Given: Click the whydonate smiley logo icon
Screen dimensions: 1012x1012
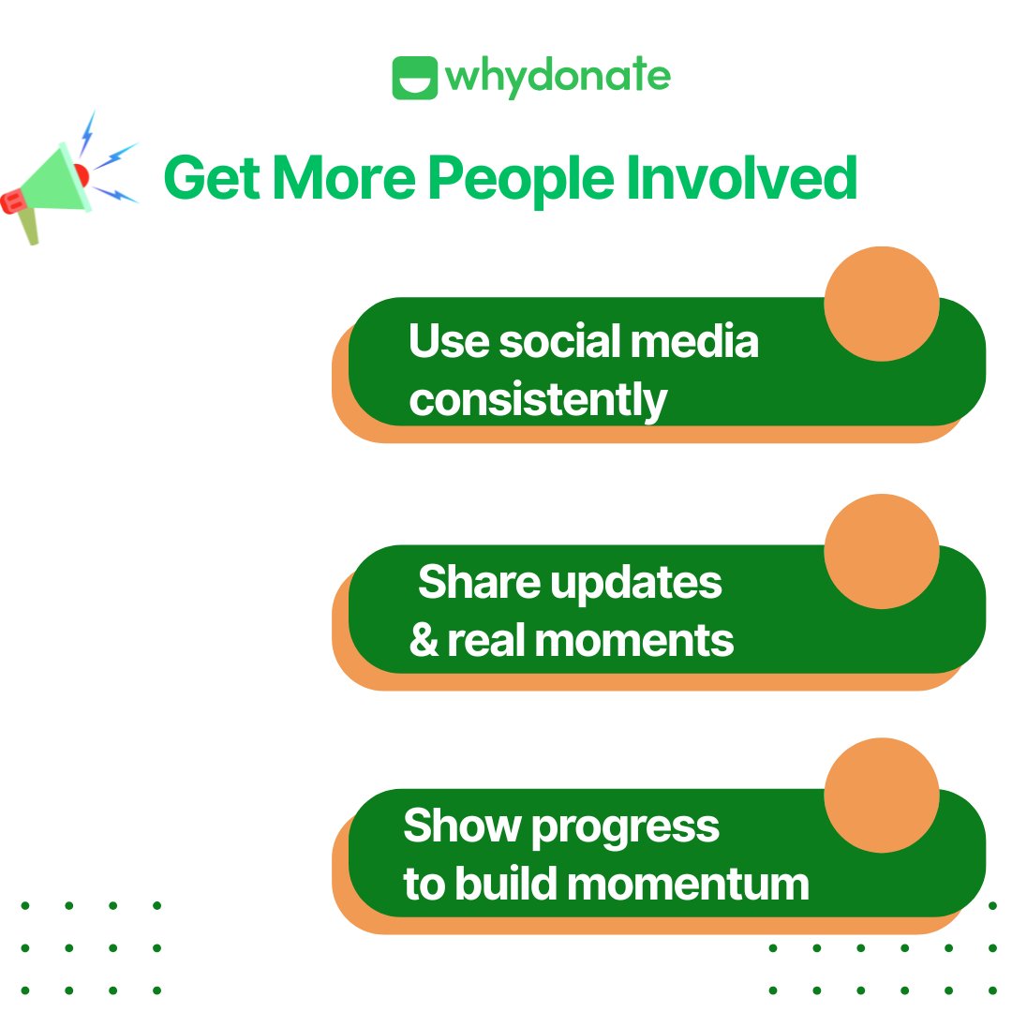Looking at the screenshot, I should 414,78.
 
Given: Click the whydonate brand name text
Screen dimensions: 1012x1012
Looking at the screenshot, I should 558,78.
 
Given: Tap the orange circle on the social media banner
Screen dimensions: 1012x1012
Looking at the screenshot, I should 881,304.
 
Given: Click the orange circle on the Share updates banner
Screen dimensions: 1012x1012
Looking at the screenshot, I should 881,552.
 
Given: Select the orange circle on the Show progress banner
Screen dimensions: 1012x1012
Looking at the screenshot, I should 881,795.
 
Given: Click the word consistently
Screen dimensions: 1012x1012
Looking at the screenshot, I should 538,400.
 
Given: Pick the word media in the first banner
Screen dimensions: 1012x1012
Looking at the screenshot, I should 694,341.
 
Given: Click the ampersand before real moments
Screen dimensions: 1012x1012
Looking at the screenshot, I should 424,641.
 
